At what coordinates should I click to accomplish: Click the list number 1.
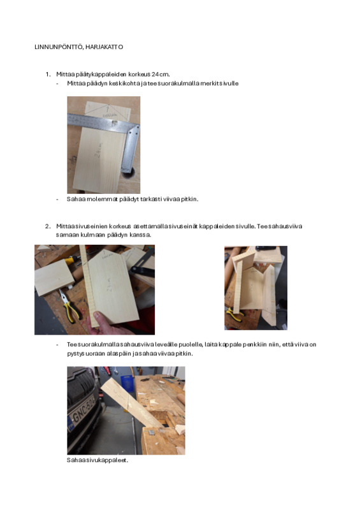click(x=48, y=75)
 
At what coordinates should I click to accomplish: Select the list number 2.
click(x=48, y=226)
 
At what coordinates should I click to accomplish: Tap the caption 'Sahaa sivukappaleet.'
click(x=97, y=460)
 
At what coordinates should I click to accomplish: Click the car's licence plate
click(x=82, y=411)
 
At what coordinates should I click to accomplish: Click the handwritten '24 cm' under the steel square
click(x=99, y=150)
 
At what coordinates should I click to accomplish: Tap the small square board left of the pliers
click(x=54, y=277)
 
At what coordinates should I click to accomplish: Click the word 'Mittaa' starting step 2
click(x=65, y=226)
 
